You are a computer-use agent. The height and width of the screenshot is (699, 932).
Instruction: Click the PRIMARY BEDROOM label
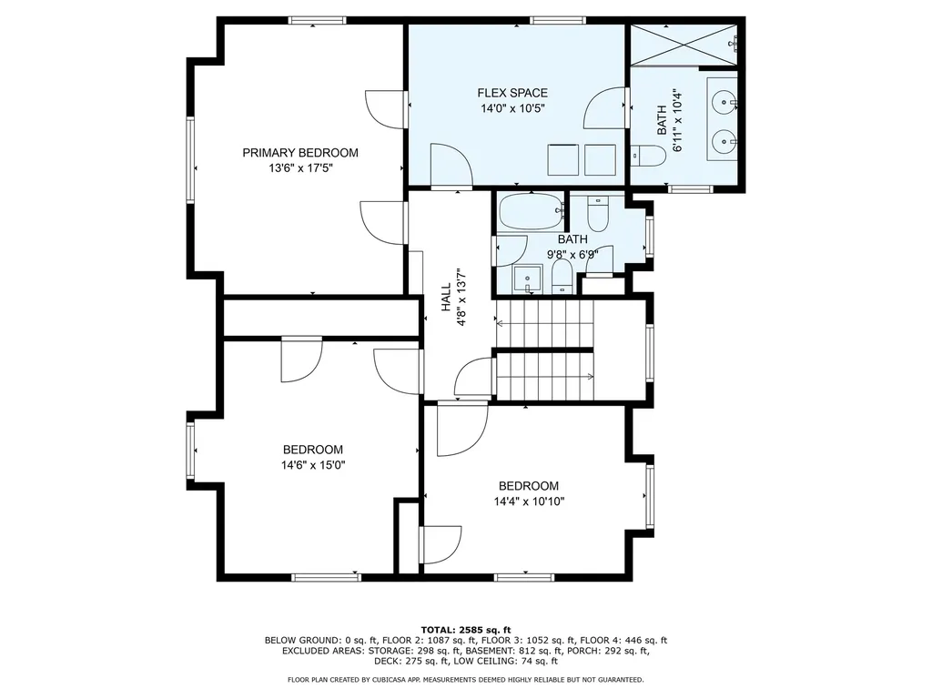300,153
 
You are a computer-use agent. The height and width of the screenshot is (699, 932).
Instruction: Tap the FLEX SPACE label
512,93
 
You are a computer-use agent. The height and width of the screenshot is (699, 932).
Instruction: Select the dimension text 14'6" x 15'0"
313,465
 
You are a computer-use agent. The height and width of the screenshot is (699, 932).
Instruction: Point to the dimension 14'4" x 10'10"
529,501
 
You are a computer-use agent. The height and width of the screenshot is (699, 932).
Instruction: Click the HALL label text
446,298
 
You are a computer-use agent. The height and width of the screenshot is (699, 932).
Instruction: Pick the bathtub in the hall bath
531,211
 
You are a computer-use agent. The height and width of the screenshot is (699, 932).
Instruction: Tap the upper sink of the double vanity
724,103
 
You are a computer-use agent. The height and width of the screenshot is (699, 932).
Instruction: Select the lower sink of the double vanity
724,141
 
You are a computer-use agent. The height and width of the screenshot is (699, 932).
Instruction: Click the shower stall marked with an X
684,45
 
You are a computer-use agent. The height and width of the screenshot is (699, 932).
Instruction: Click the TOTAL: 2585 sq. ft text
466,630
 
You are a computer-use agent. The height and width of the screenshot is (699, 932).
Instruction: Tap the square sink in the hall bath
527,279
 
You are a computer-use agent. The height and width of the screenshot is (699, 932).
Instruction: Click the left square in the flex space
562,159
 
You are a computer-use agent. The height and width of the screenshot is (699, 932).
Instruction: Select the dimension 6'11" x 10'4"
677,121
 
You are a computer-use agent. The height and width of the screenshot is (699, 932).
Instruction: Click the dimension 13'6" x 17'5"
300,168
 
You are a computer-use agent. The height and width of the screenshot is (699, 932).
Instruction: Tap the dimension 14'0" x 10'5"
512,108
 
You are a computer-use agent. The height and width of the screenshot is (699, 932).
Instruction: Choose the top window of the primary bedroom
318,20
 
